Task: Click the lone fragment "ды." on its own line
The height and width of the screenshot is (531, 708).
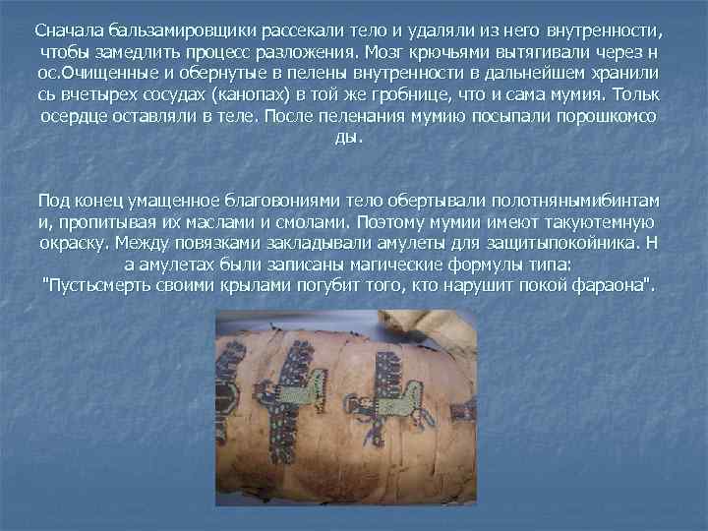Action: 349,138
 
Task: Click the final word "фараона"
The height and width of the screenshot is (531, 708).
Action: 618,287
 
